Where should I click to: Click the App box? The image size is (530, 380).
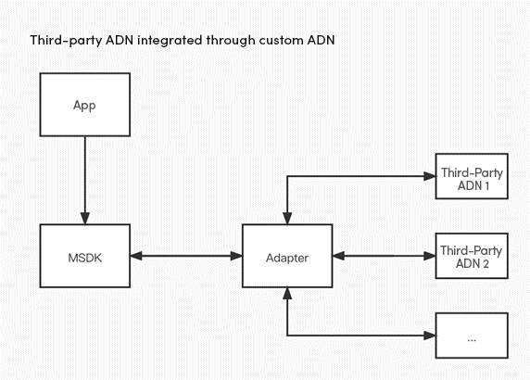point(85,105)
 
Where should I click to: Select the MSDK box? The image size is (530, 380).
point(85,256)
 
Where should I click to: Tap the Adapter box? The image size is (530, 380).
point(287,256)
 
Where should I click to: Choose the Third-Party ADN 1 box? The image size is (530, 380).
point(472,176)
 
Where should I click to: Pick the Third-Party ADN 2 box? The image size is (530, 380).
point(472,256)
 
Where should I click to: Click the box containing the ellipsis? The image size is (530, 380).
point(472,336)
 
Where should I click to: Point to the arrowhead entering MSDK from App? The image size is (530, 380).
point(85,218)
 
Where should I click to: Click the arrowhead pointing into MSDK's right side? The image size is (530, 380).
point(136,256)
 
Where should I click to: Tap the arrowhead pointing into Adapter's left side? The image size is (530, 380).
point(236,256)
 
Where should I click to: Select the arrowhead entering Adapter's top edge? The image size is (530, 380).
point(287,218)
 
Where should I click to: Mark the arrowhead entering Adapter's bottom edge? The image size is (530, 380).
point(287,294)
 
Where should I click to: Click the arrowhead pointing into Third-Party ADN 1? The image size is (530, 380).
point(430,176)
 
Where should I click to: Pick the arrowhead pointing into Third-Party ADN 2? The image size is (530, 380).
point(430,256)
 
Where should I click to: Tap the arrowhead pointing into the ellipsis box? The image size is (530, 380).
point(430,336)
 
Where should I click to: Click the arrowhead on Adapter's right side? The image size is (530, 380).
point(339,256)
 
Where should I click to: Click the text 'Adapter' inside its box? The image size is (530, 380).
point(287,259)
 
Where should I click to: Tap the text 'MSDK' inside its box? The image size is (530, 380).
point(85,258)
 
